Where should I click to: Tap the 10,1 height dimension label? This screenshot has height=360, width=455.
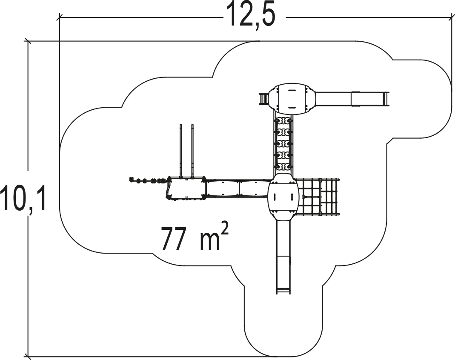(x=23, y=199)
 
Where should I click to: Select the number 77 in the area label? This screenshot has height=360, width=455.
(x=173, y=239)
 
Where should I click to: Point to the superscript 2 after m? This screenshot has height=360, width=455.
(x=226, y=229)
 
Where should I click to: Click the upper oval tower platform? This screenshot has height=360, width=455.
(x=292, y=99)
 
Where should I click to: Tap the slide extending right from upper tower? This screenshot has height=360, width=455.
(x=352, y=99)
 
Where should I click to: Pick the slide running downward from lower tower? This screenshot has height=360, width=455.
(x=283, y=257)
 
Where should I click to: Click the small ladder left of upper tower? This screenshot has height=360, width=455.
(x=264, y=99)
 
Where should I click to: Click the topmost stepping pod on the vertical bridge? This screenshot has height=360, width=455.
(x=283, y=120)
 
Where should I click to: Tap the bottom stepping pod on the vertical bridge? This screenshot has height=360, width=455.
(x=283, y=166)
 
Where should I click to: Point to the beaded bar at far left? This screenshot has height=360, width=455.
(x=149, y=180)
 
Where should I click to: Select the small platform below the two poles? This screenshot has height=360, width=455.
(x=186, y=188)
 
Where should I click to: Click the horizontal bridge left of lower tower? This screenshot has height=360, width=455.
(x=237, y=188)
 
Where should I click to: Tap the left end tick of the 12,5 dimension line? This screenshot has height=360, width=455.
(x=60, y=18)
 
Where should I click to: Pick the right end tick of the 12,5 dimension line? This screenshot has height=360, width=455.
(x=452, y=18)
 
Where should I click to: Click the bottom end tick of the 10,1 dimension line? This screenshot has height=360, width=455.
(x=28, y=356)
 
